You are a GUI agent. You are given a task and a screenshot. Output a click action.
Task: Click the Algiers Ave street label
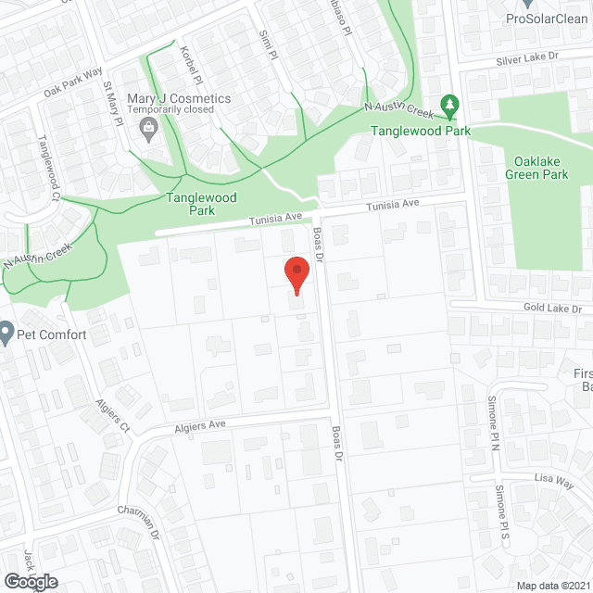tap(200, 425)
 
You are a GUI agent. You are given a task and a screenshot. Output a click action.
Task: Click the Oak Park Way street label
tap(72, 82)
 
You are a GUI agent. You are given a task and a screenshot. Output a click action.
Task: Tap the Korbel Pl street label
tap(185, 62)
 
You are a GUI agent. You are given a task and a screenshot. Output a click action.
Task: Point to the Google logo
tap(30, 581)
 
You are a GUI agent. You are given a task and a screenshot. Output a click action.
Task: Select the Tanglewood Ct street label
tap(46, 170)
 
